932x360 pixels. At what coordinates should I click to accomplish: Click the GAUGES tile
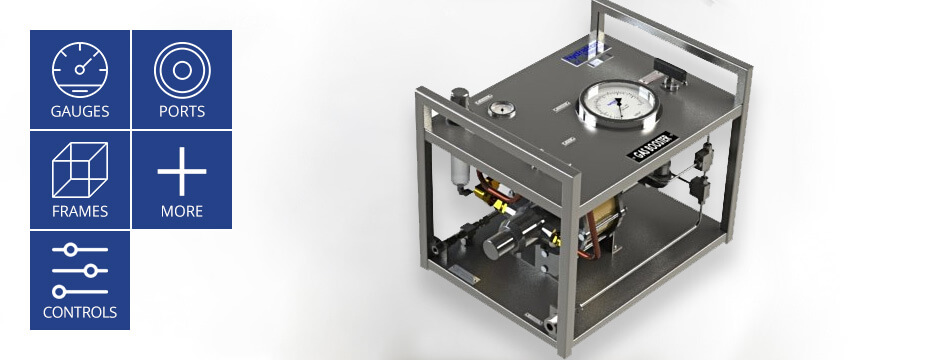(80, 79)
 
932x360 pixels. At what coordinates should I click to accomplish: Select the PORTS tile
(182, 79)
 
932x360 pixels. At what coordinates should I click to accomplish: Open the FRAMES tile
(80, 180)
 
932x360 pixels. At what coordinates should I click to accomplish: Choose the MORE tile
(182, 180)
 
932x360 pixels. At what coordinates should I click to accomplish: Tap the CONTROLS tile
(80, 280)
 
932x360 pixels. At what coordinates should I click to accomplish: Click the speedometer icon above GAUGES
(80, 69)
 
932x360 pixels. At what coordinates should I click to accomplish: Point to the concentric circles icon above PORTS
(182, 69)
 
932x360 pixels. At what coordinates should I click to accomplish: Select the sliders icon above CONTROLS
(80, 270)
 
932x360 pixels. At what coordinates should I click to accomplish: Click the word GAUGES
(80, 111)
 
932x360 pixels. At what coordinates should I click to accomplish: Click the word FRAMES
(80, 212)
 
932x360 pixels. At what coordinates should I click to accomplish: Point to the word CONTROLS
(80, 312)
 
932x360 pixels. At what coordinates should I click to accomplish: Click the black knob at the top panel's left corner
(459, 97)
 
